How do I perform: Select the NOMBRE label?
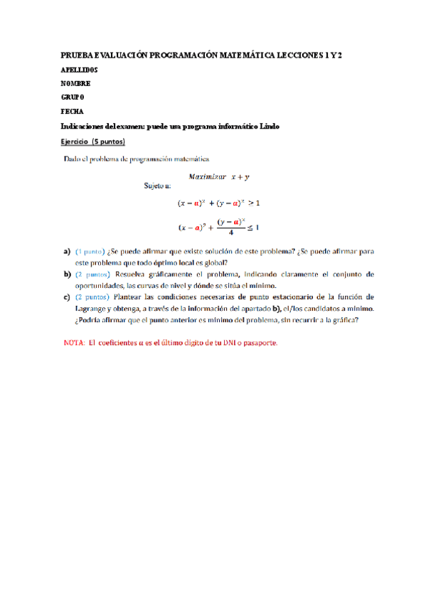tap(75, 83)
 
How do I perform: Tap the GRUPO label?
tap(73, 97)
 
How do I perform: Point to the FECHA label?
tap(72, 111)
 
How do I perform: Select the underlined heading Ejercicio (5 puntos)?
tap(92, 142)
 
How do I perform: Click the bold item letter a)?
tap(67, 252)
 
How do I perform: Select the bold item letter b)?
tap(67, 274)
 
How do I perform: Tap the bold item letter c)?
tap(67, 295)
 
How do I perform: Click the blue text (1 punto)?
tap(90, 252)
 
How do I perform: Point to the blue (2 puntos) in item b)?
tap(92, 274)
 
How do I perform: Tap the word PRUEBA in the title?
tap(77, 55)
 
